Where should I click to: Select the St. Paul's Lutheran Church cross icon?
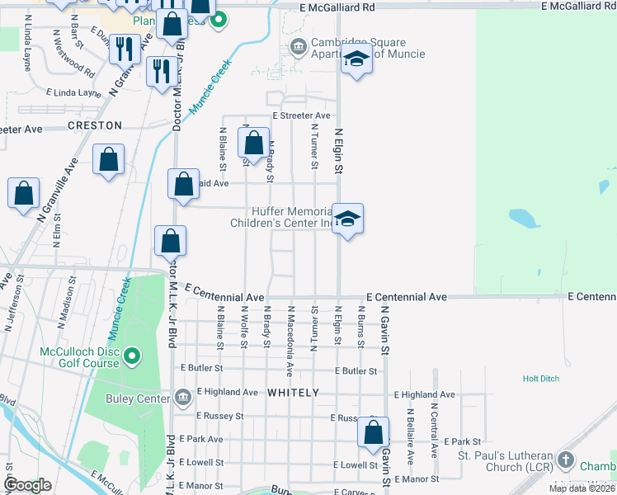[565, 460]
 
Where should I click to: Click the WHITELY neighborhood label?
[293, 394]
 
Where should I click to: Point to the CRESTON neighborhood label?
[95, 125]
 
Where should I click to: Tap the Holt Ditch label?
[541, 379]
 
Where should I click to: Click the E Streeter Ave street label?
[301, 116]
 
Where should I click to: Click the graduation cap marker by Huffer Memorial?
[347, 219]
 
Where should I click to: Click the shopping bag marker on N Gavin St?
[373, 431]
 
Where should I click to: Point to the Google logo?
[27, 485]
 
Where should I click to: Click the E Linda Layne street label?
[74, 92]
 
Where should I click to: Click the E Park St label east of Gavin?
[464, 442]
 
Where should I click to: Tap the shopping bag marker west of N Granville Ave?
[24, 193]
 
